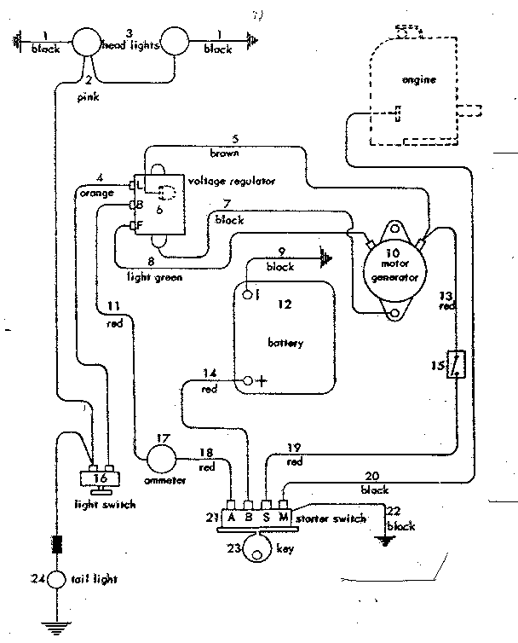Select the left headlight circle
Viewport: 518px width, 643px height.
coord(86,41)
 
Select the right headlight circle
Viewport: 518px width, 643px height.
coord(174,41)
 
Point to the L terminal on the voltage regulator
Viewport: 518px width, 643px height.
coord(133,184)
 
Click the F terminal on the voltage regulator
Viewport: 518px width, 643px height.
coord(133,225)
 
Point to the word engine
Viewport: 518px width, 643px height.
coord(418,79)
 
